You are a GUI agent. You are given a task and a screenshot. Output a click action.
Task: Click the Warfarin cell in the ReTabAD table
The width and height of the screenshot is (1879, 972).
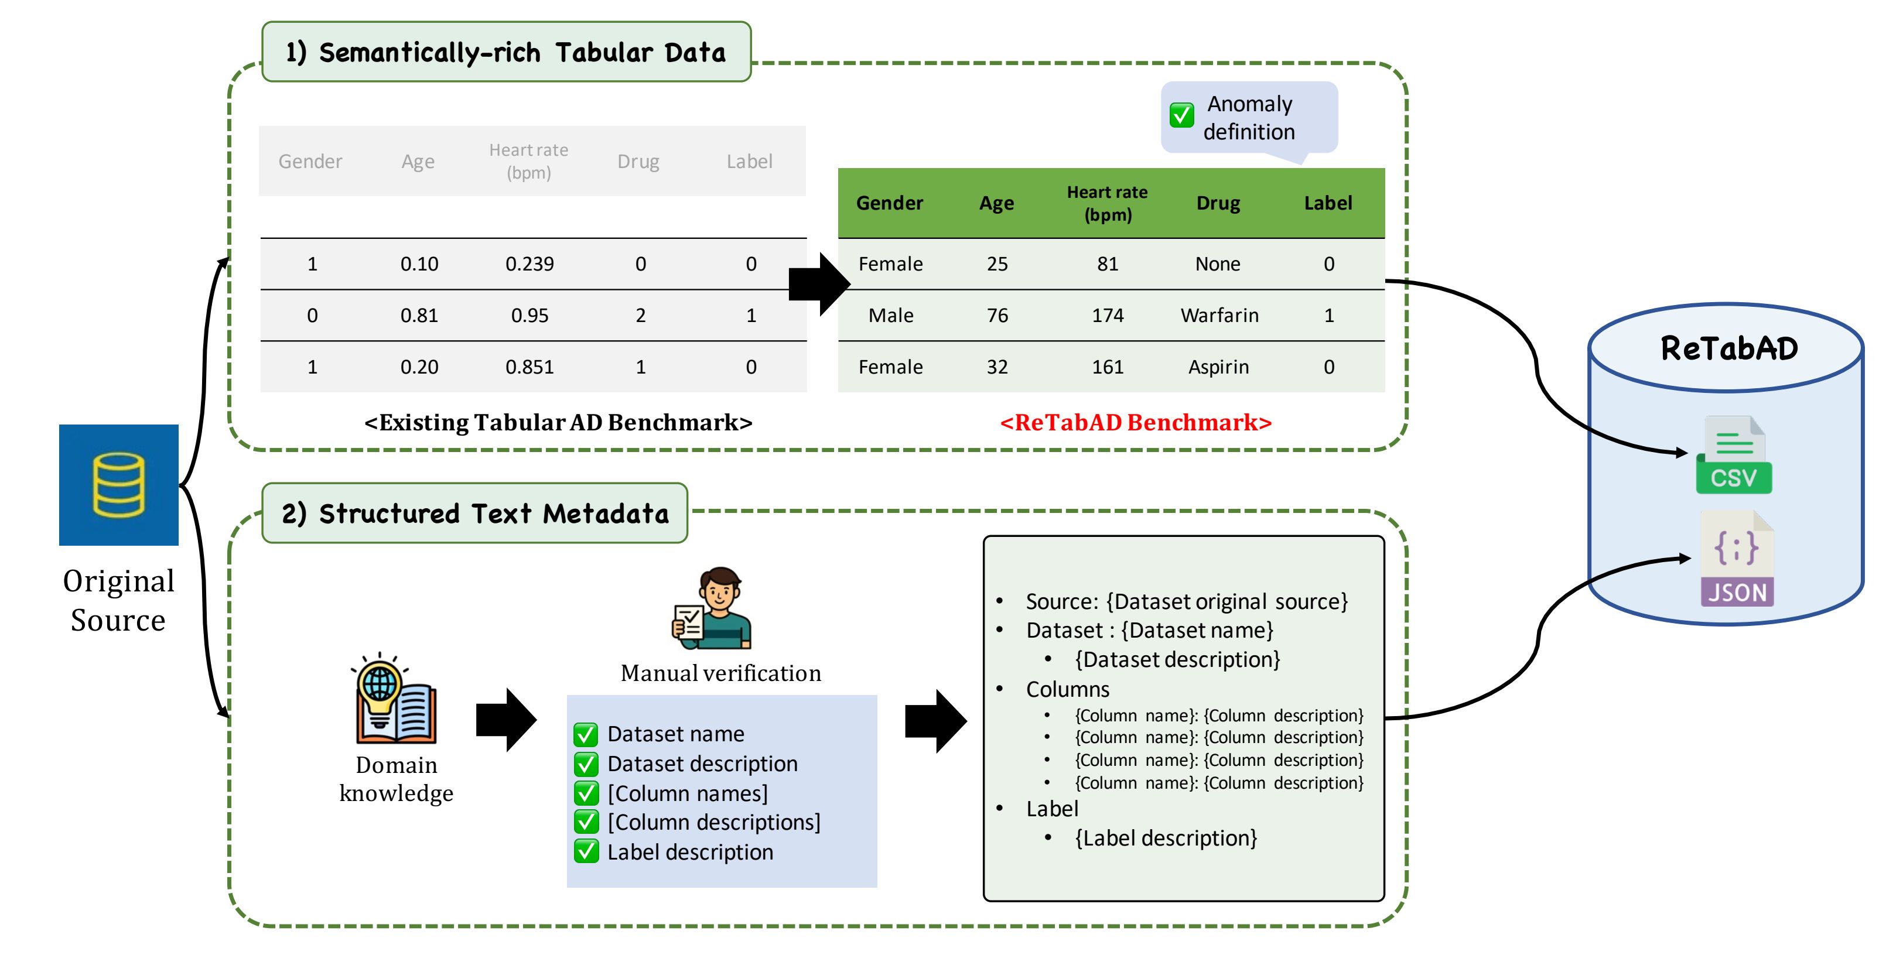click(x=1219, y=315)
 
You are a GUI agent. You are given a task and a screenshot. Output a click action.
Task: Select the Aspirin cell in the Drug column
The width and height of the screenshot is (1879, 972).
click(x=1218, y=367)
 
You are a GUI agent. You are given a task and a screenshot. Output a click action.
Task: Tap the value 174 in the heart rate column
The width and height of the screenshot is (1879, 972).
click(x=1107, y=315)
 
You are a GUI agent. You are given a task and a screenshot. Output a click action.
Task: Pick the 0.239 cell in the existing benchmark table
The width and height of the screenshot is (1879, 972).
click(x=529, y=263)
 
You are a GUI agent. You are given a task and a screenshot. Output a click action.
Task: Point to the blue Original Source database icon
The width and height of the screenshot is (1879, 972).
click(x=119, y=485)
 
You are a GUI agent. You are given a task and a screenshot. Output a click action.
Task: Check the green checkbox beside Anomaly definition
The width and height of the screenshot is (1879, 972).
click(x=1181, y=115)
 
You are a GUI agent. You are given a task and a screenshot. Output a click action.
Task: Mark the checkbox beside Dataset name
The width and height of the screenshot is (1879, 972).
click(x=586, y=734)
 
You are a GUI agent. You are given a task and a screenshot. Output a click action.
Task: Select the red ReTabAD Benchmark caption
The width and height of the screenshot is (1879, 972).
click(x=1136, y=422)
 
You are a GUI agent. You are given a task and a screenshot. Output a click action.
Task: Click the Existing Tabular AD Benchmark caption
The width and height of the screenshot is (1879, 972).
click(x=558, y=422)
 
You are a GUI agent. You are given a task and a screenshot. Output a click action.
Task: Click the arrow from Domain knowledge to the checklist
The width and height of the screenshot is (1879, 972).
click(x=506, y=720)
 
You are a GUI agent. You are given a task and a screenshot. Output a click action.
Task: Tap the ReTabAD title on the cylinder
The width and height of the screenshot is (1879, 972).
click(x=1728, y=348)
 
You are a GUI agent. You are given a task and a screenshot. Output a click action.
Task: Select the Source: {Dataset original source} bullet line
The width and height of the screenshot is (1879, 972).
click(x=1186, y=601)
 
